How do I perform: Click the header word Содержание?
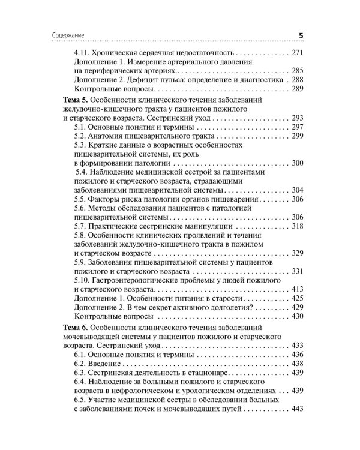(64, 36)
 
